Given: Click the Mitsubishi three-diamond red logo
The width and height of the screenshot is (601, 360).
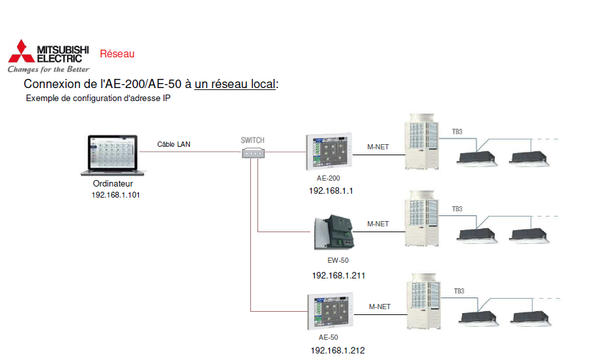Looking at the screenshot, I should (21, 51).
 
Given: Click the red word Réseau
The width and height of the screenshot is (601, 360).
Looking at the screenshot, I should (117, 54).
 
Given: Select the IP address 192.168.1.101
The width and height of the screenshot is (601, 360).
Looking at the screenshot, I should (115, 195).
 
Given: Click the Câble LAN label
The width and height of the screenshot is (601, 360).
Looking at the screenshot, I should (174, 144).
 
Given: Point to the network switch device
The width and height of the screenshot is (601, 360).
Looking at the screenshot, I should (253, 153).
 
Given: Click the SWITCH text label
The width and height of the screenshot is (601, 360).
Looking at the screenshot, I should (253, 140).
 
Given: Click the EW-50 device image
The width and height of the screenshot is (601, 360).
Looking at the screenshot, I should (333, 232).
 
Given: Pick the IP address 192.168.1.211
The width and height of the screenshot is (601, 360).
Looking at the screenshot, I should (338, 275).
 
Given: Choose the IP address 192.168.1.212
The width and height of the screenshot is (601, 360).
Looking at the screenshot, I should (338, 350).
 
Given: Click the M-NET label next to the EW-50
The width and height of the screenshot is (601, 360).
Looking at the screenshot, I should (378, 224).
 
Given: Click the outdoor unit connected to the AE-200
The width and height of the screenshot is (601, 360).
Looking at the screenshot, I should (424, 143).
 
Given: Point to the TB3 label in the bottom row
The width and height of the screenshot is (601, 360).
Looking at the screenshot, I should (460, 291).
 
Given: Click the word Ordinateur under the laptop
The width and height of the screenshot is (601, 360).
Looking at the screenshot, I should (113, 185).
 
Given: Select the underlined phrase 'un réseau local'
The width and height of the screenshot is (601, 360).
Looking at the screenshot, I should (235, 84).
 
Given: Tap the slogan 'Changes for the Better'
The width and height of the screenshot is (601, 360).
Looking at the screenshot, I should (48, 68).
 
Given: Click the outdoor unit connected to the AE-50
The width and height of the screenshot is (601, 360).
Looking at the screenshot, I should (424, 302).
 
